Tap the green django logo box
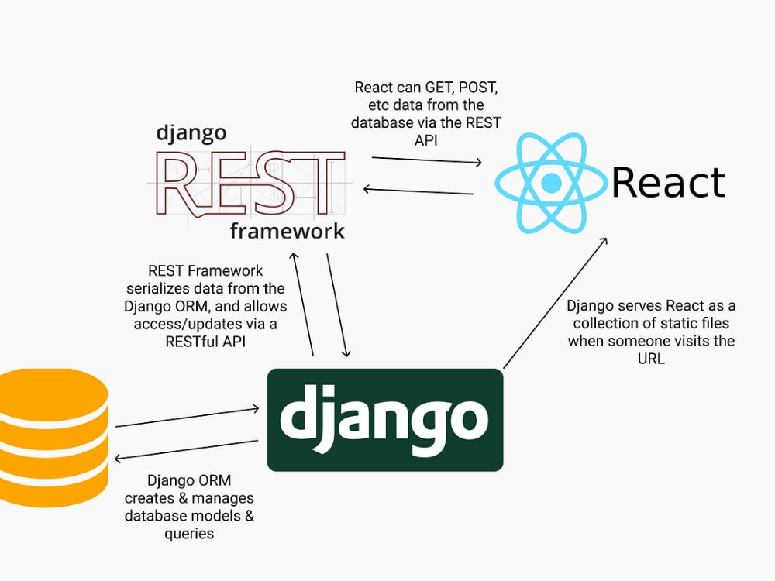(x=385, y=419)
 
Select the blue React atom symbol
(x=550, y=183)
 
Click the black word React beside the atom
(x=669, y=182)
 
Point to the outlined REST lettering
(x=250, y=184)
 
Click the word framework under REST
(x=288, y=231)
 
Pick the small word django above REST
(x=191, y=133)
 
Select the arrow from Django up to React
(x=555, y=303)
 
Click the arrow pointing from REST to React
(x=426, y=160)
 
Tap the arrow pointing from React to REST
(x=418, y=191)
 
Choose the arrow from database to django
(x=188, y=417)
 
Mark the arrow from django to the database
(x=186, y=449)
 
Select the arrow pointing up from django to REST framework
(x=302, y=304)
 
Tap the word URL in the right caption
(x=651, y=359)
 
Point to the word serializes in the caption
(x=158, y=288)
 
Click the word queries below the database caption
(x=189, y=534)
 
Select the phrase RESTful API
(x=205, y=342)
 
